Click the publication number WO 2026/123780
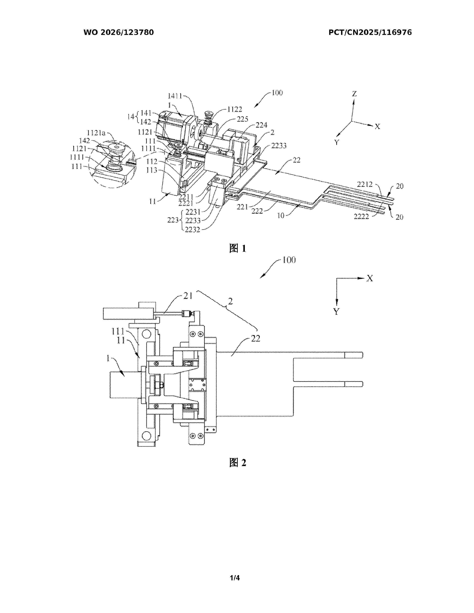(x=119, y=32)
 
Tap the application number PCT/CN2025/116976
(x=370, y=32)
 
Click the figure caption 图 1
(x=238, y=248)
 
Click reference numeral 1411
(x=175, y=96)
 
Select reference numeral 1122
(x=235, y=109)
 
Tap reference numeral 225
(x=243, y=119)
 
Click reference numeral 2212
(x=365, y=184)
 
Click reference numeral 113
(x=152, y=170)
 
